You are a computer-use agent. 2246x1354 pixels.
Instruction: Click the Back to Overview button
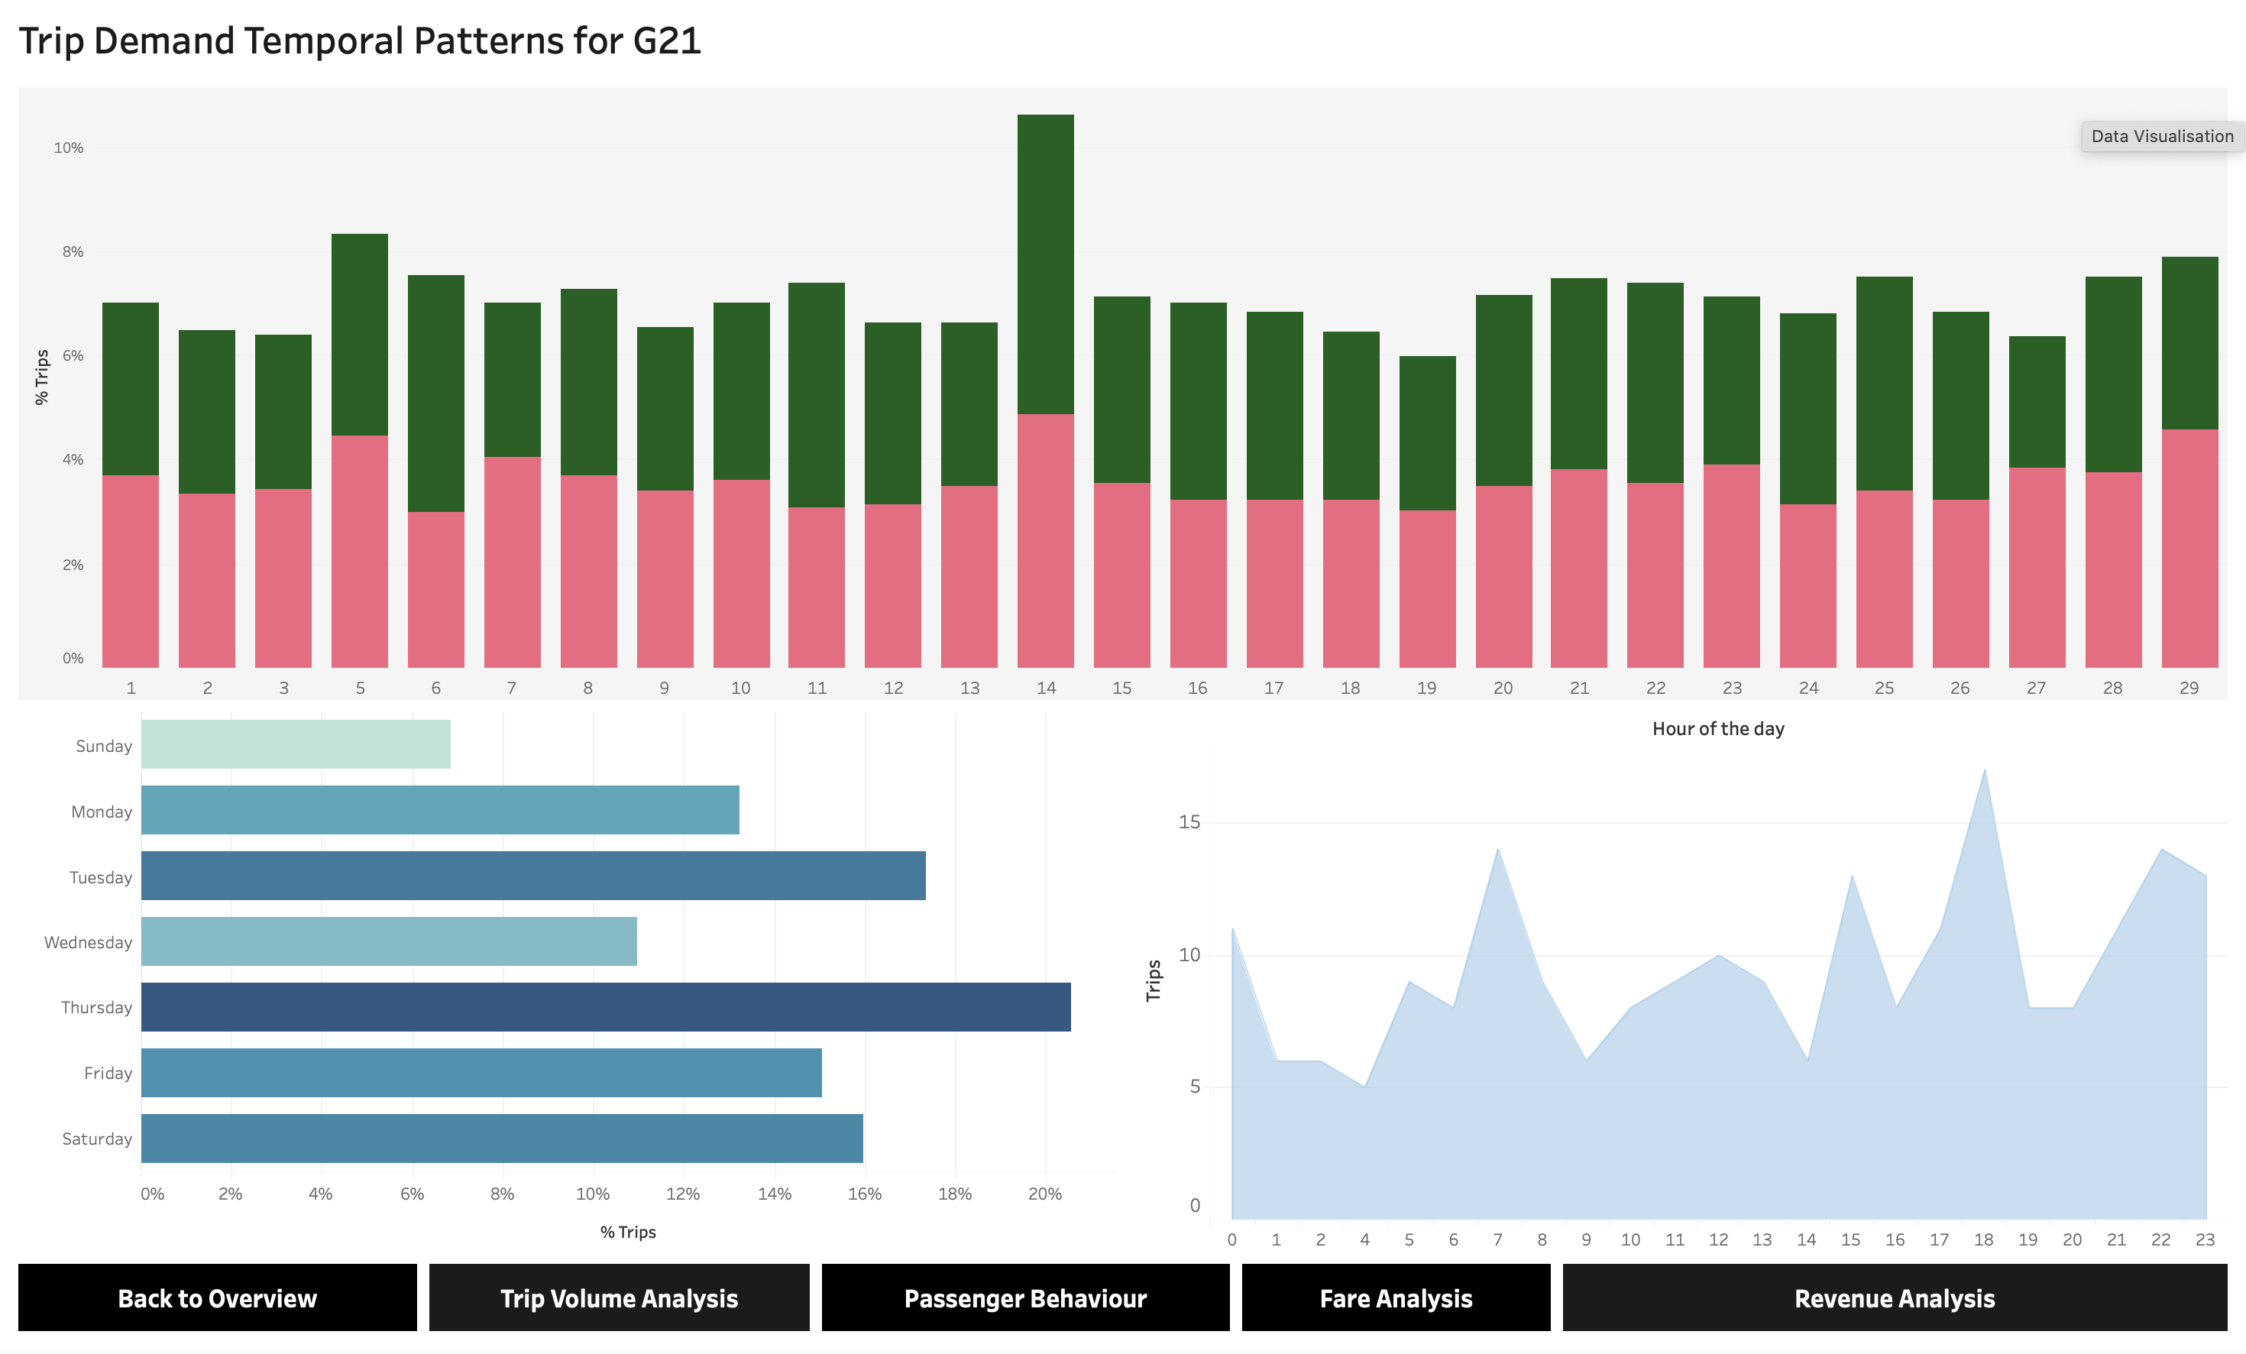217,1297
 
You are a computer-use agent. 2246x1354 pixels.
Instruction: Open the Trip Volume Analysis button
619,1297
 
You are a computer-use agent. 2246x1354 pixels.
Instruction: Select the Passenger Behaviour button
1024,1297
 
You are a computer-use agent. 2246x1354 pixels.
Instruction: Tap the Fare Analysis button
1396,1297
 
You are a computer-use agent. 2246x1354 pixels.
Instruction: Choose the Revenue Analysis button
1894,1297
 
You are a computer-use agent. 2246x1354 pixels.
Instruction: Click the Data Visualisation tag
2161,137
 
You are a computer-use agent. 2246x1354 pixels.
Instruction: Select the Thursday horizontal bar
605,1006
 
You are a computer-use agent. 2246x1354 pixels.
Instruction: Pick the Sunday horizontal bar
296,744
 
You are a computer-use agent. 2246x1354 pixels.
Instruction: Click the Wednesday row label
89,942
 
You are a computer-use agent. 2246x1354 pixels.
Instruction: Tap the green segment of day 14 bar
1046,264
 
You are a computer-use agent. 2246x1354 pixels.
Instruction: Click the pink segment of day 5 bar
359,551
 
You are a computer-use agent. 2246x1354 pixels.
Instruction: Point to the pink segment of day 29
2189,548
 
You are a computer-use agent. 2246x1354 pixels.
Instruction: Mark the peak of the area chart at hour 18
1985,772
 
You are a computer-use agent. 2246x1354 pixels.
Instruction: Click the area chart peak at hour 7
1497,850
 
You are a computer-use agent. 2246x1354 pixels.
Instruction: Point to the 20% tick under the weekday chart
1044,1194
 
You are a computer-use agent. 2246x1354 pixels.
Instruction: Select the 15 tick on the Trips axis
1189,821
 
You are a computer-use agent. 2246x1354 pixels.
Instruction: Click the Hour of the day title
1717,728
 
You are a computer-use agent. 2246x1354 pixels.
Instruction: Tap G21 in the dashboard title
666,41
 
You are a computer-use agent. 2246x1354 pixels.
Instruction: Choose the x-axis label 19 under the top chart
1426,688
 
